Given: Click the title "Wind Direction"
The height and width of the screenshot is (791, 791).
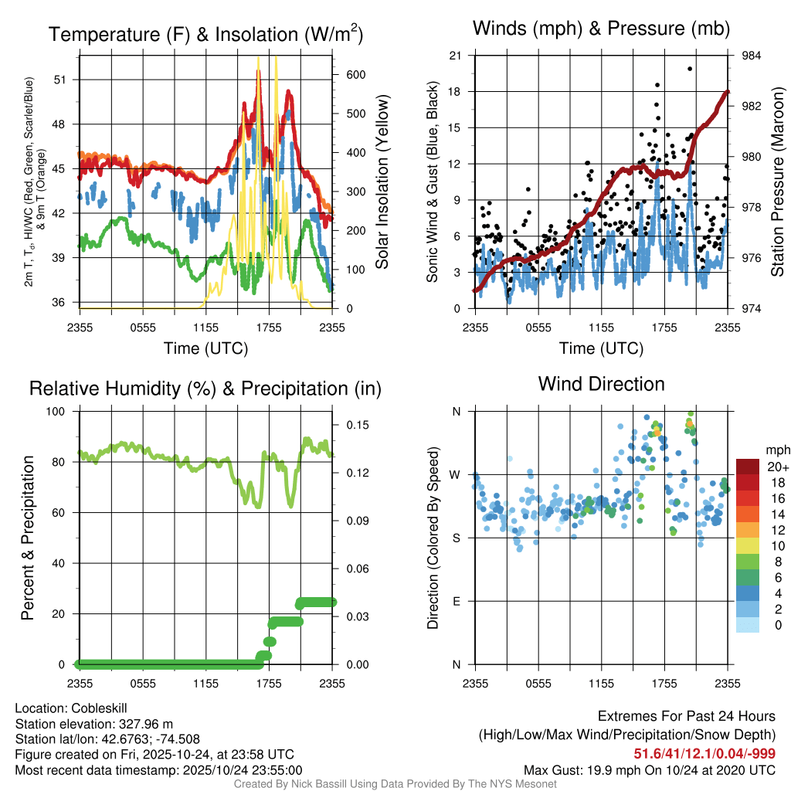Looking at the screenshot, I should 601,384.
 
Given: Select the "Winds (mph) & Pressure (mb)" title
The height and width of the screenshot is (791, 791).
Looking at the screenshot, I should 601,29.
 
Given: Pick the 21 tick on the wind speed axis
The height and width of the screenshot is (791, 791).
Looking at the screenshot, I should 456,56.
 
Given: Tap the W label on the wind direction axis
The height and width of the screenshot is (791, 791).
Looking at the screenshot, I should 456,474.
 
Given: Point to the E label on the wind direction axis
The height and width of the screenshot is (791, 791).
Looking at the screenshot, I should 457,601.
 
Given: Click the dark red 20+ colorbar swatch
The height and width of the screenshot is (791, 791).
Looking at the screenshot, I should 748,467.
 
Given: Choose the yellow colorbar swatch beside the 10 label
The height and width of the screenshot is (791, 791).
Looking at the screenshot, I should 748,545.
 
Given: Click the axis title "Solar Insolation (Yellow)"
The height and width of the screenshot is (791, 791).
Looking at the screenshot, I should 382,182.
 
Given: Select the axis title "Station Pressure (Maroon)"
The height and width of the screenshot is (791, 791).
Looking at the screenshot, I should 776,182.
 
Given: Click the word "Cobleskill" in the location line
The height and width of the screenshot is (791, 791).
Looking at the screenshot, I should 99,708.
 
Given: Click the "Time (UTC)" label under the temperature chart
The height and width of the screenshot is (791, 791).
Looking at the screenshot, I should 205,348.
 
